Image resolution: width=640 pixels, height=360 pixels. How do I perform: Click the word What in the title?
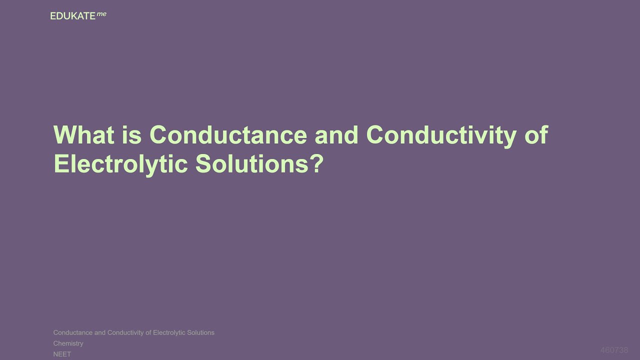(x=83, y=135)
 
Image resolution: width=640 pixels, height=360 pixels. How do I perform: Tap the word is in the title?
(x=131, y=135)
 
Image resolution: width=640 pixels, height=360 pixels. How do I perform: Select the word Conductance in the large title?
(x=228, y=135)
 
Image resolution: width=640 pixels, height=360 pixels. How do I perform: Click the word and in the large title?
(x=336, y=135)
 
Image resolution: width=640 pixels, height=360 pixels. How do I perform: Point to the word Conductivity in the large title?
(x=441, y=135)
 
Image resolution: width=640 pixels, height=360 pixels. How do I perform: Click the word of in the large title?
(x=536, y=135)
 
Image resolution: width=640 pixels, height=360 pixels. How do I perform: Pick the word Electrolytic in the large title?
(x=120, y=164)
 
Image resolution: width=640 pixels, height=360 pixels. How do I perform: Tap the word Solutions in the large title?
(x=252, y=164)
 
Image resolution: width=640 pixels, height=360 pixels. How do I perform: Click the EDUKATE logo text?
(x=72, y=16)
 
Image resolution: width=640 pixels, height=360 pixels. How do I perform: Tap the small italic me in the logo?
(x=101, y=14)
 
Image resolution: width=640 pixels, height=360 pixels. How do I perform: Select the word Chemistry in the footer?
(x=68, y=343)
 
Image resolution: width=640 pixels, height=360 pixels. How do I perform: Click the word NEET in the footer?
(x=62, y=354)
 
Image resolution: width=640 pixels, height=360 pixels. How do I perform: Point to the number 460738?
(x=614, y=350)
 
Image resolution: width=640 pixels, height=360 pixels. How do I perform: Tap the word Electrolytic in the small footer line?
(x=169, y=332)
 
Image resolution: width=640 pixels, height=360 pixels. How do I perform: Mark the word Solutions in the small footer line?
(x=200, y=332)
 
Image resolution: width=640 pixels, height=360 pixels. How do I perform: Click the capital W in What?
(x=64, y=135)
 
